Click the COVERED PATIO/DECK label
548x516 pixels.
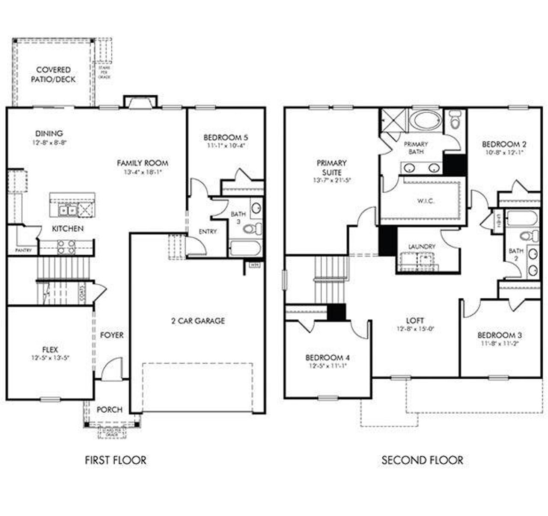[53, 74]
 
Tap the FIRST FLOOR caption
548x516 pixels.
[116, 460]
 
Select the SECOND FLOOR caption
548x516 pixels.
[422, 460]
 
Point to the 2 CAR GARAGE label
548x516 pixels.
[198, 321]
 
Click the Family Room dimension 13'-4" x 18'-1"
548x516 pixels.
[143, 172]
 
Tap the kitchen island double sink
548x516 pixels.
[68, 210]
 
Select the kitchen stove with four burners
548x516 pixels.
[66, 247]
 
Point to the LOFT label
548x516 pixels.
[415, 320]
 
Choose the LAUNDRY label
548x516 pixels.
[422, 247]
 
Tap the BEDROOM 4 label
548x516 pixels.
[324, 357]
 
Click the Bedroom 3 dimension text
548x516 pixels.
[499, 343]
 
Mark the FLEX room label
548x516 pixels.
[50, 349]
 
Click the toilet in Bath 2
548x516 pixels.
[530, 235]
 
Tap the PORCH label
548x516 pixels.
[109, 410]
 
